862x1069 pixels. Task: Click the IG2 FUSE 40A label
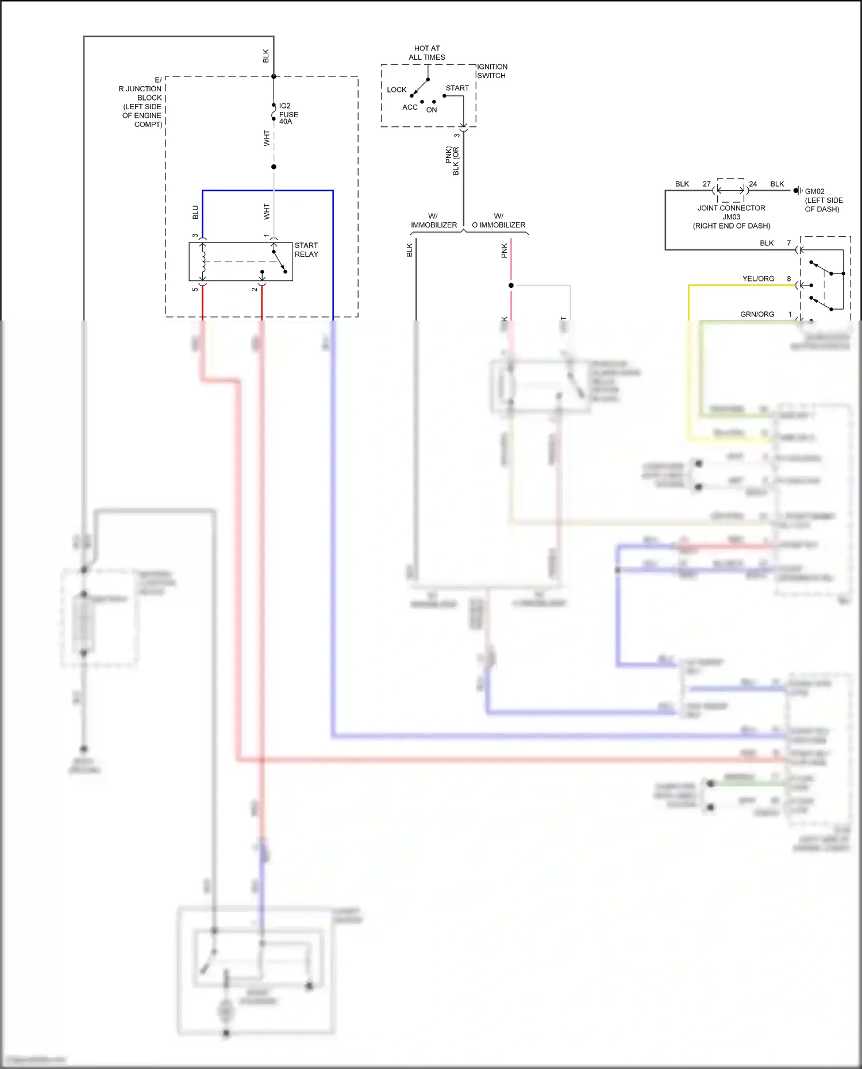[288, 114]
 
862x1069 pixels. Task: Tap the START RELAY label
[306, 250]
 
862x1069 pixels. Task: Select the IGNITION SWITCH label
[492, 71]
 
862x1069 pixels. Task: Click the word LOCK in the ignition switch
[397, 90]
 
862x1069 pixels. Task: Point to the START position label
[457, 88]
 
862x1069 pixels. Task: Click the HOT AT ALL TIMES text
[427, 53]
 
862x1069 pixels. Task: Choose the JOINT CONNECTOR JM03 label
[731, 217]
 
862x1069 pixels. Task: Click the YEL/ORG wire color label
[758, 279]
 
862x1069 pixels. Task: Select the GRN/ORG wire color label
[757, 314]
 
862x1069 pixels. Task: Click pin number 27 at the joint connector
[706, 184]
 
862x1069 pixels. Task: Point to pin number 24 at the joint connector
[753, 184]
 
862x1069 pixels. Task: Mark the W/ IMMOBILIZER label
[434, 221]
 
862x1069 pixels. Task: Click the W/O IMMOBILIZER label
[498, 221]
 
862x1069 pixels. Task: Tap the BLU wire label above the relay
[195, 213]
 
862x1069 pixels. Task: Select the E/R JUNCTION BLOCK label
[141, 102]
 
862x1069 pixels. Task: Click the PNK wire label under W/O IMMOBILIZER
[505, 250]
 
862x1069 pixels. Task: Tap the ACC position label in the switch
[410, 107]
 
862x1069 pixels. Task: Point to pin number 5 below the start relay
[195, 289]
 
